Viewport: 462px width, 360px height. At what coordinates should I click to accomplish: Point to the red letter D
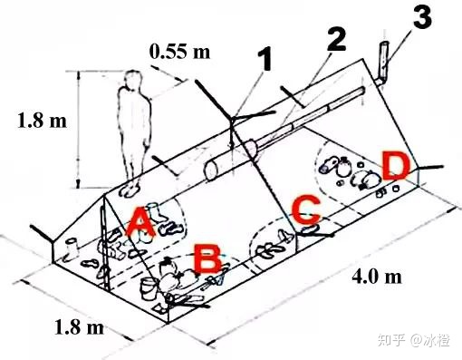click(x=394, y=167)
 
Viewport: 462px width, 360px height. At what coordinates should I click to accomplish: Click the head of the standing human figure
click(x=135, y=82)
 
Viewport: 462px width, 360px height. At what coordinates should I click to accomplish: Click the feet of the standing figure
click(x=131, y=190)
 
